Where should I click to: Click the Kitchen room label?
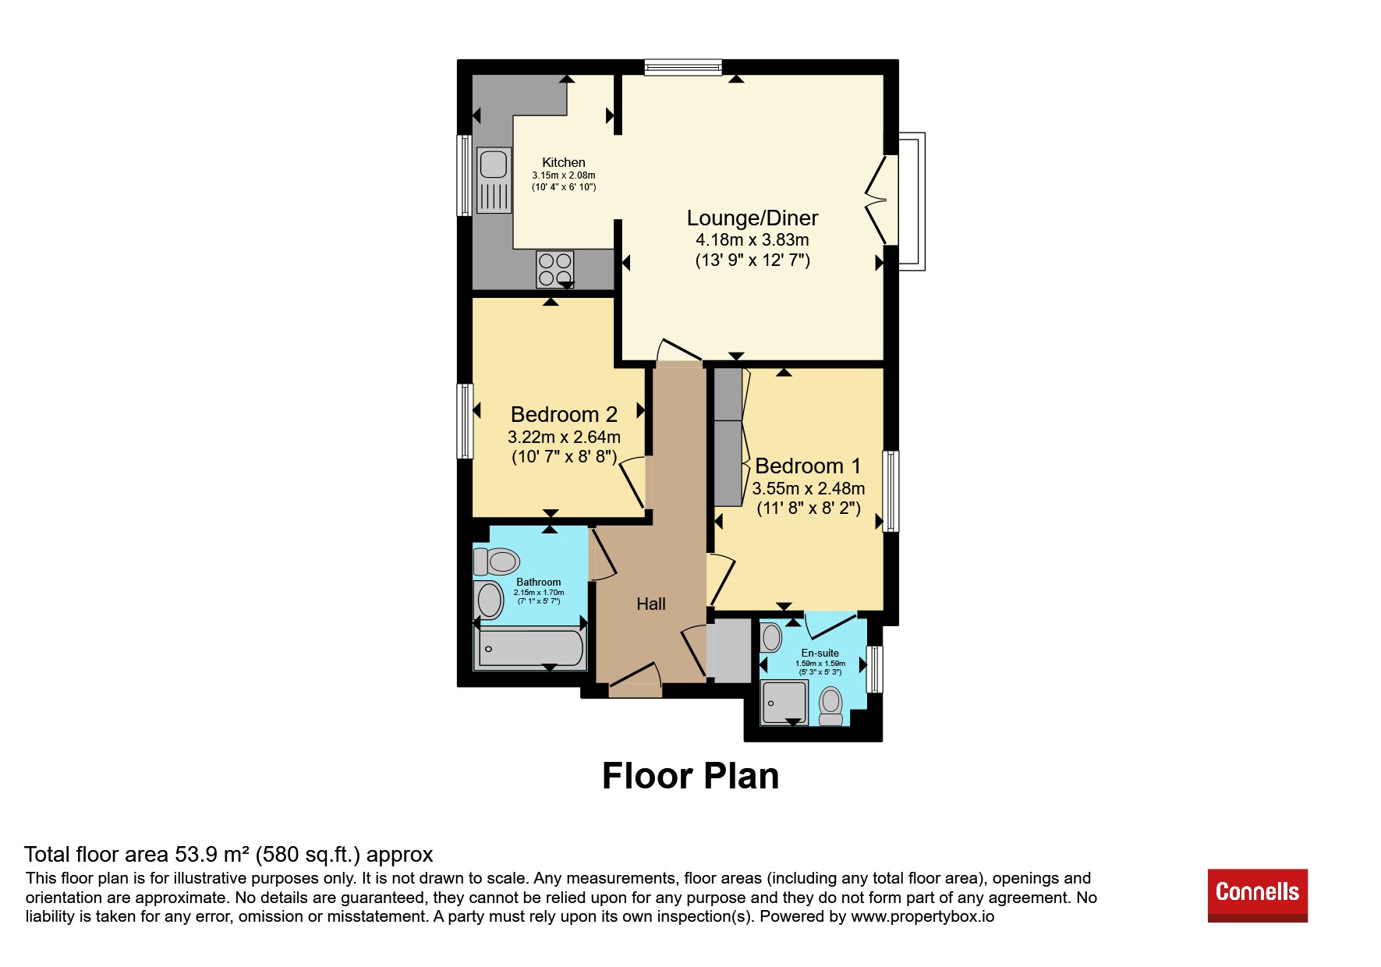pos(564,162)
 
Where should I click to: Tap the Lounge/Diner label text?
pos(752,218)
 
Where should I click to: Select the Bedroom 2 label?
pos(564,414)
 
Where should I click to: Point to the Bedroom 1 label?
pos(808,466)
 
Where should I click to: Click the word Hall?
pos(651,604)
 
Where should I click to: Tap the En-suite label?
pos(820,653)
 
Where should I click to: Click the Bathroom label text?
pos(539,582)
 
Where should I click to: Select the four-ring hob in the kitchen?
pos(555,269)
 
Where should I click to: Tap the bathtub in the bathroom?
pos(530,649)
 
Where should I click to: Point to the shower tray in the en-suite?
pos(784,702)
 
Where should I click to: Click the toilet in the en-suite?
pos(831,707)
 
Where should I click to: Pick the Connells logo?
pos(1258,895)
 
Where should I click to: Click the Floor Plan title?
pos(691,776)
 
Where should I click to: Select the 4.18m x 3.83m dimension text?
pos(752,240)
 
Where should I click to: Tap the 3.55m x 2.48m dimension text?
pos(809,489)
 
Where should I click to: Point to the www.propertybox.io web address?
pos(922,917)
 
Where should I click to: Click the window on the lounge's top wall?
pos(683,68)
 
